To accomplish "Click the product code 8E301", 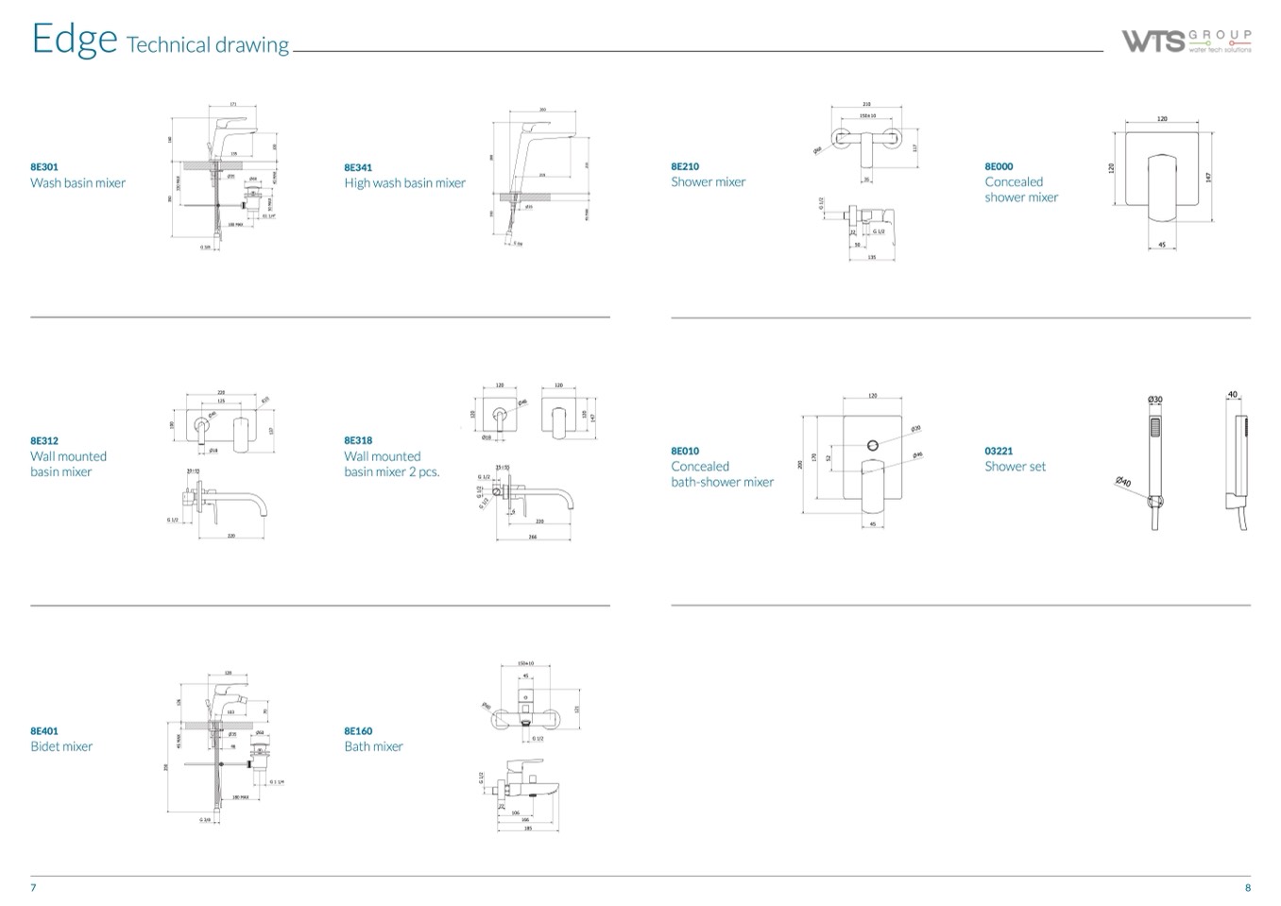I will [x=44, y=167].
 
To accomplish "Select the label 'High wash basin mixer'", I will [x=404, y=183].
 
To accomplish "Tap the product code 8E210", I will [x=685, y=167].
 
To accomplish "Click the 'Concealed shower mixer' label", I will [x=1020, y=190].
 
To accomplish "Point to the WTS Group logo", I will [x=1187, y=42].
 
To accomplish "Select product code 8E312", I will [x=44, y=441].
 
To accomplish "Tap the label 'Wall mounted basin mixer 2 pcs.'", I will [x=391, y=464].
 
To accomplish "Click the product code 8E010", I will [x=685, y=452].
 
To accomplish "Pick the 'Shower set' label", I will [x=1015, y=467].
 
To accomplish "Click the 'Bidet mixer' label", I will [x=61, y=746].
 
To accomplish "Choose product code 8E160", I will [x=358, y=731].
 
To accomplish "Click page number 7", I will [x=33, y=888].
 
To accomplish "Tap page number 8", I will [x=1247, y=888].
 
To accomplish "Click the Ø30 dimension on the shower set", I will [x=1154, y=400].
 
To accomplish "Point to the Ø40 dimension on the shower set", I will [x=1123, y=483].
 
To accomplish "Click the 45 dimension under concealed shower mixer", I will [x=1161, y=246].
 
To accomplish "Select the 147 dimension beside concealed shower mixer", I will [x=1208, y=177].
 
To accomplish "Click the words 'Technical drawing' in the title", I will [x=208, y=45].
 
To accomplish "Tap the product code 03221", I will [x=999, y=452].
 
